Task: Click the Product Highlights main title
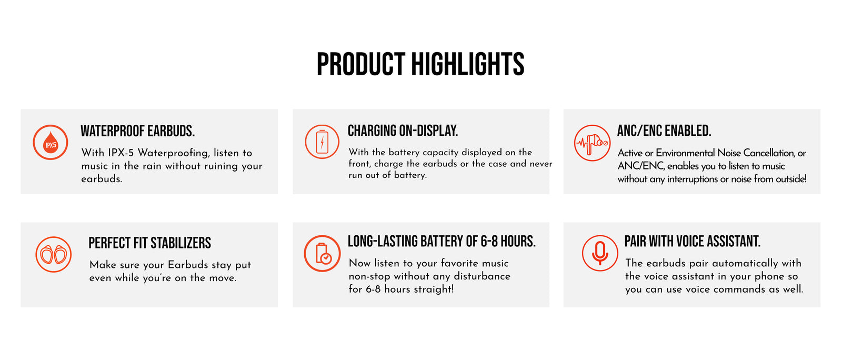[x=420, y=64]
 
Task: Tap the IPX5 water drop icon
[x=51, y=143]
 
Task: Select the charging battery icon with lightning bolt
[x=322, y=142]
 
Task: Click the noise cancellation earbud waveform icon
[x=592, y=143]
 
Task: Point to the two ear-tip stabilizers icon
[x=53, y=254]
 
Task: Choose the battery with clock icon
[x=322, y=253]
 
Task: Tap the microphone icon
[x=600, y=253]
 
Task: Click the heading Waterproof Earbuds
[x=137, y=131]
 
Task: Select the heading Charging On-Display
[x=403, y=131]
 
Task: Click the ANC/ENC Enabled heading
[x=664, y=131]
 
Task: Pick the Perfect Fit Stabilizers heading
[x=149, y=243]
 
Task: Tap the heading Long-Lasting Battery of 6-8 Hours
[x=442, y=241]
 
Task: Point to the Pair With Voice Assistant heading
[x=693, y=241]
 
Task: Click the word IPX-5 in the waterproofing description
[x=121, y=153]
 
